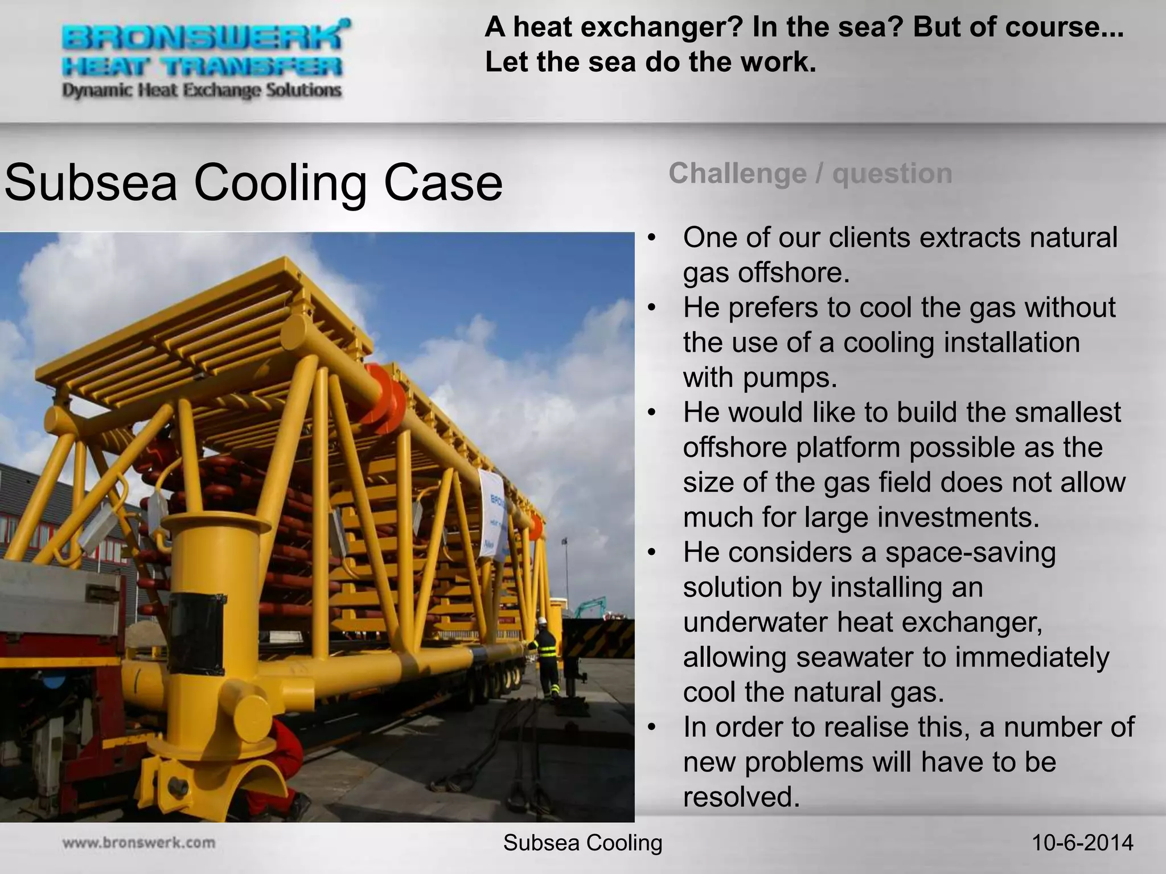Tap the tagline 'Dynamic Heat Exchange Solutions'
202,90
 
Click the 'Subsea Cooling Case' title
253,183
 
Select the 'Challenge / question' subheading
810,173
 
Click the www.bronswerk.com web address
139,843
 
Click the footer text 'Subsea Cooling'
582,843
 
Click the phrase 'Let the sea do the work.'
650,62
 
